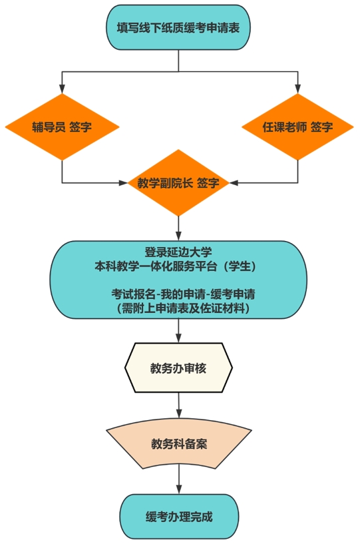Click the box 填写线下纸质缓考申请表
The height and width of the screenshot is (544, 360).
click(x=178, y=27)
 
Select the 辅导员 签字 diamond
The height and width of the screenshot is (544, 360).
click(x=62, y=127)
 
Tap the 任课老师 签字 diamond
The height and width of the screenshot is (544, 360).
click(x=297, y=127)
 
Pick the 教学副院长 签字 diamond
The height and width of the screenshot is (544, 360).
click(x=178, y=183)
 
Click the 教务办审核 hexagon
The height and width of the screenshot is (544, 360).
click(x=178, y=368)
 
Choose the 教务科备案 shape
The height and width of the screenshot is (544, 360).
click(x=179, y=443)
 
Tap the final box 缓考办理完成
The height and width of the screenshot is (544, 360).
click(x=179, y=517)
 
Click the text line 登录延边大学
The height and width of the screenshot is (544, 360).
click(x=178, y=252)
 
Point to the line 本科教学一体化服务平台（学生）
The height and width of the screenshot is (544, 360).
click(x=176, y=266)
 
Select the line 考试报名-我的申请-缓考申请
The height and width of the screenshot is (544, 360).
click(x=183, y=294)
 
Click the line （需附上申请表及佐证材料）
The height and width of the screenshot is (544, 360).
click(x=183, y=308)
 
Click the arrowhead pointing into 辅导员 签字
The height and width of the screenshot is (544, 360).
click(x=62, y=89)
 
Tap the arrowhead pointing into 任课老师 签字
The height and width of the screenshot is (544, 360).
click(x=297, y=89)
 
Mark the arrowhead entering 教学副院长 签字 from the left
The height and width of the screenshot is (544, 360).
click(x=123, y=183)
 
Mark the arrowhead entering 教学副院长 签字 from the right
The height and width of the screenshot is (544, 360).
click(x=234, y=183)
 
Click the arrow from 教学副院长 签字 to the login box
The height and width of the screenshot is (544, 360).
click(x=178, y=228)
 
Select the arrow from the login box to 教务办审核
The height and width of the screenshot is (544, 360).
click(x=178, y=331)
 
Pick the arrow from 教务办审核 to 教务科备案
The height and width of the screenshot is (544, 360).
click(x=178, y=406)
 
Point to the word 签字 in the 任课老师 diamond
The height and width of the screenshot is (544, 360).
click(x=321, y=127)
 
